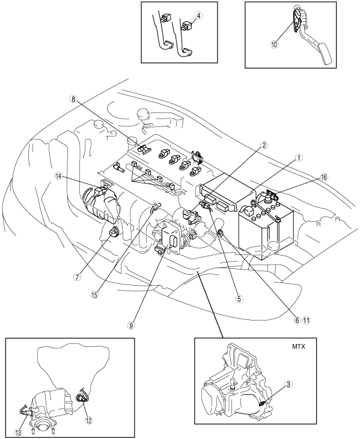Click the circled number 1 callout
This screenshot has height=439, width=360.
pos(299,158)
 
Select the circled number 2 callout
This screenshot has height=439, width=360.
pos(264,145)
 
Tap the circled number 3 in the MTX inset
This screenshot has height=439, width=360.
pos(288,384)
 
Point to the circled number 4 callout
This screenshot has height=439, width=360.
pos(198,16)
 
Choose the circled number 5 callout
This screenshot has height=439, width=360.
pos(239,299)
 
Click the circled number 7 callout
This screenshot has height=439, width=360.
pos(77,277)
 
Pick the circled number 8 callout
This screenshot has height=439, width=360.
pos(73,100)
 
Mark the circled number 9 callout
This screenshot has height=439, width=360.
pos(130,325)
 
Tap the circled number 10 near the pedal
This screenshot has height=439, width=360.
pos(274,45)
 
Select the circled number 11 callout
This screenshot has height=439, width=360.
pos(307,321)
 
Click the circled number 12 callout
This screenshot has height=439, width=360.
pos(89,420)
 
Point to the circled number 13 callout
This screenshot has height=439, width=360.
pos(18,432)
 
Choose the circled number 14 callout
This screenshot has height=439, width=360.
pos(59,177)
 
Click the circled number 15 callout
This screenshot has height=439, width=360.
pos(94,295)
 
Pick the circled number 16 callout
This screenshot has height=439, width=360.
pos(324,177)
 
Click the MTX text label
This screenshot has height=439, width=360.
pos(299,346)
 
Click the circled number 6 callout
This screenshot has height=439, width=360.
pos(297,321)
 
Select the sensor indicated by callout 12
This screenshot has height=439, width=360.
pos(81,398)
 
